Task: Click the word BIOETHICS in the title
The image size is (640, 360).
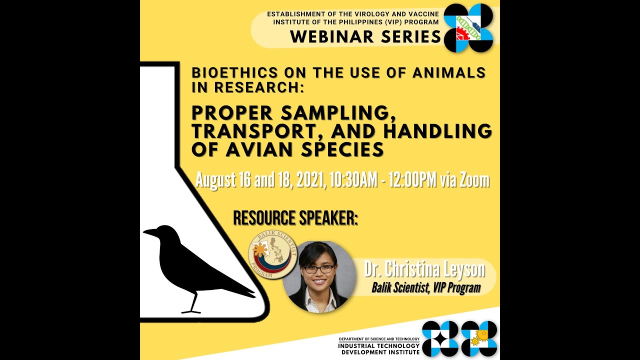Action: pos(226,73)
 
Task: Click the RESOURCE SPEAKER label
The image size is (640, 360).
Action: pos(295,218)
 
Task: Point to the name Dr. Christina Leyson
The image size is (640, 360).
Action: pos(424,270)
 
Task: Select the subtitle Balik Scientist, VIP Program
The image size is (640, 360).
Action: pos(426,287)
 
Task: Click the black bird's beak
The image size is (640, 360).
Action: pos(149,232)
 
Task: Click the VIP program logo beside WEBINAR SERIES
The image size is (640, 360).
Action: pos(468,28)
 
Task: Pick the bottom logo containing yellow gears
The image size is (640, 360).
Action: pos(479,338)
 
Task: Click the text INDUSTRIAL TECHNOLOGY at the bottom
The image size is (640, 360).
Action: pos(379,345)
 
